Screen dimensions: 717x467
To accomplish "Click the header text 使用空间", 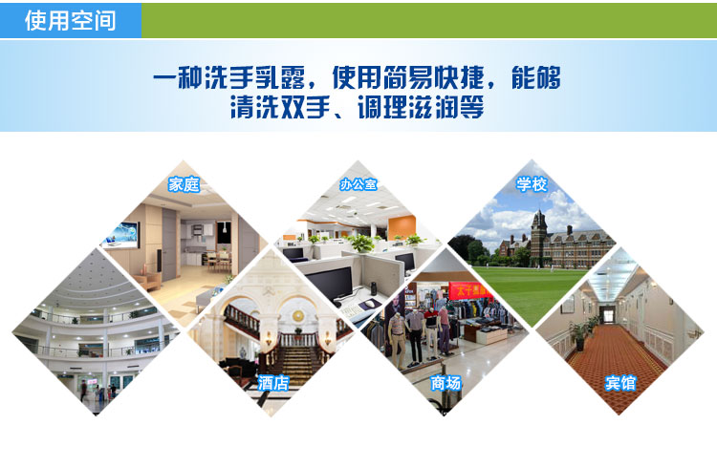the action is click(71, 21).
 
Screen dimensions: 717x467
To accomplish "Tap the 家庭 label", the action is click(184, 184).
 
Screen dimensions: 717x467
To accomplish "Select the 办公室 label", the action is click(358, 184).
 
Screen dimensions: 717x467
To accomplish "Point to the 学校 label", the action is click(532, 184).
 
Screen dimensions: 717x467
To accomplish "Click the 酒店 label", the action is click(273, 382).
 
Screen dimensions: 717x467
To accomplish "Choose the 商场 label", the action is click(445, 383).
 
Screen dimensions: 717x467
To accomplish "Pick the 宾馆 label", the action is click(620, 383).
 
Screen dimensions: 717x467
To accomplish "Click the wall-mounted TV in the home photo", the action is click(121, 235).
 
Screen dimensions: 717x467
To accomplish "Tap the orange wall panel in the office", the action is click(402, 227).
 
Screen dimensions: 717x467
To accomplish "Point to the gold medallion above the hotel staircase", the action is click(298, 316).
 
